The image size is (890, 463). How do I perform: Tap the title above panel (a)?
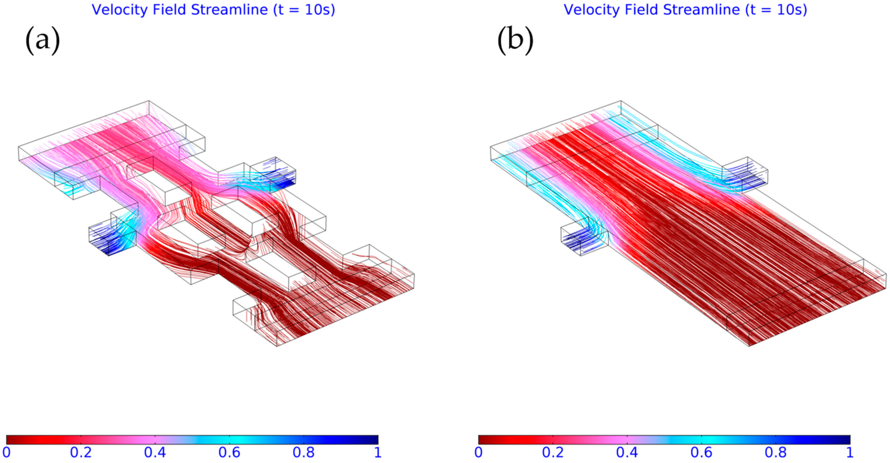click(x=213, y=10)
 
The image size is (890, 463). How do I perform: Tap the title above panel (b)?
click(x=686, y=10)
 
